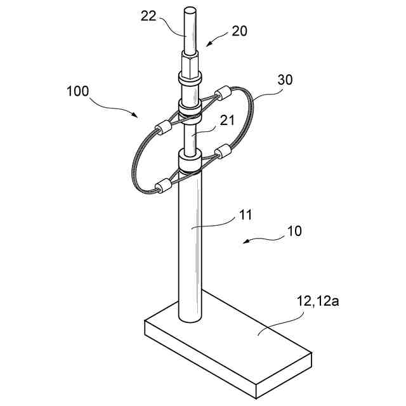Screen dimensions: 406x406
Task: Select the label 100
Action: [77, 90]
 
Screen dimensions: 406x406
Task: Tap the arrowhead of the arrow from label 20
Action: [207, 46]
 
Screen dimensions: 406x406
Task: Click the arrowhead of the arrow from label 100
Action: [138, 116]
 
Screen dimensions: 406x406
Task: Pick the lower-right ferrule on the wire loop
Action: [224, 152]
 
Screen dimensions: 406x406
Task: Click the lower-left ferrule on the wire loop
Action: [162, 186]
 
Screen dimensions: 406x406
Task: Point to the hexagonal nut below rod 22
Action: [190, 65]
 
